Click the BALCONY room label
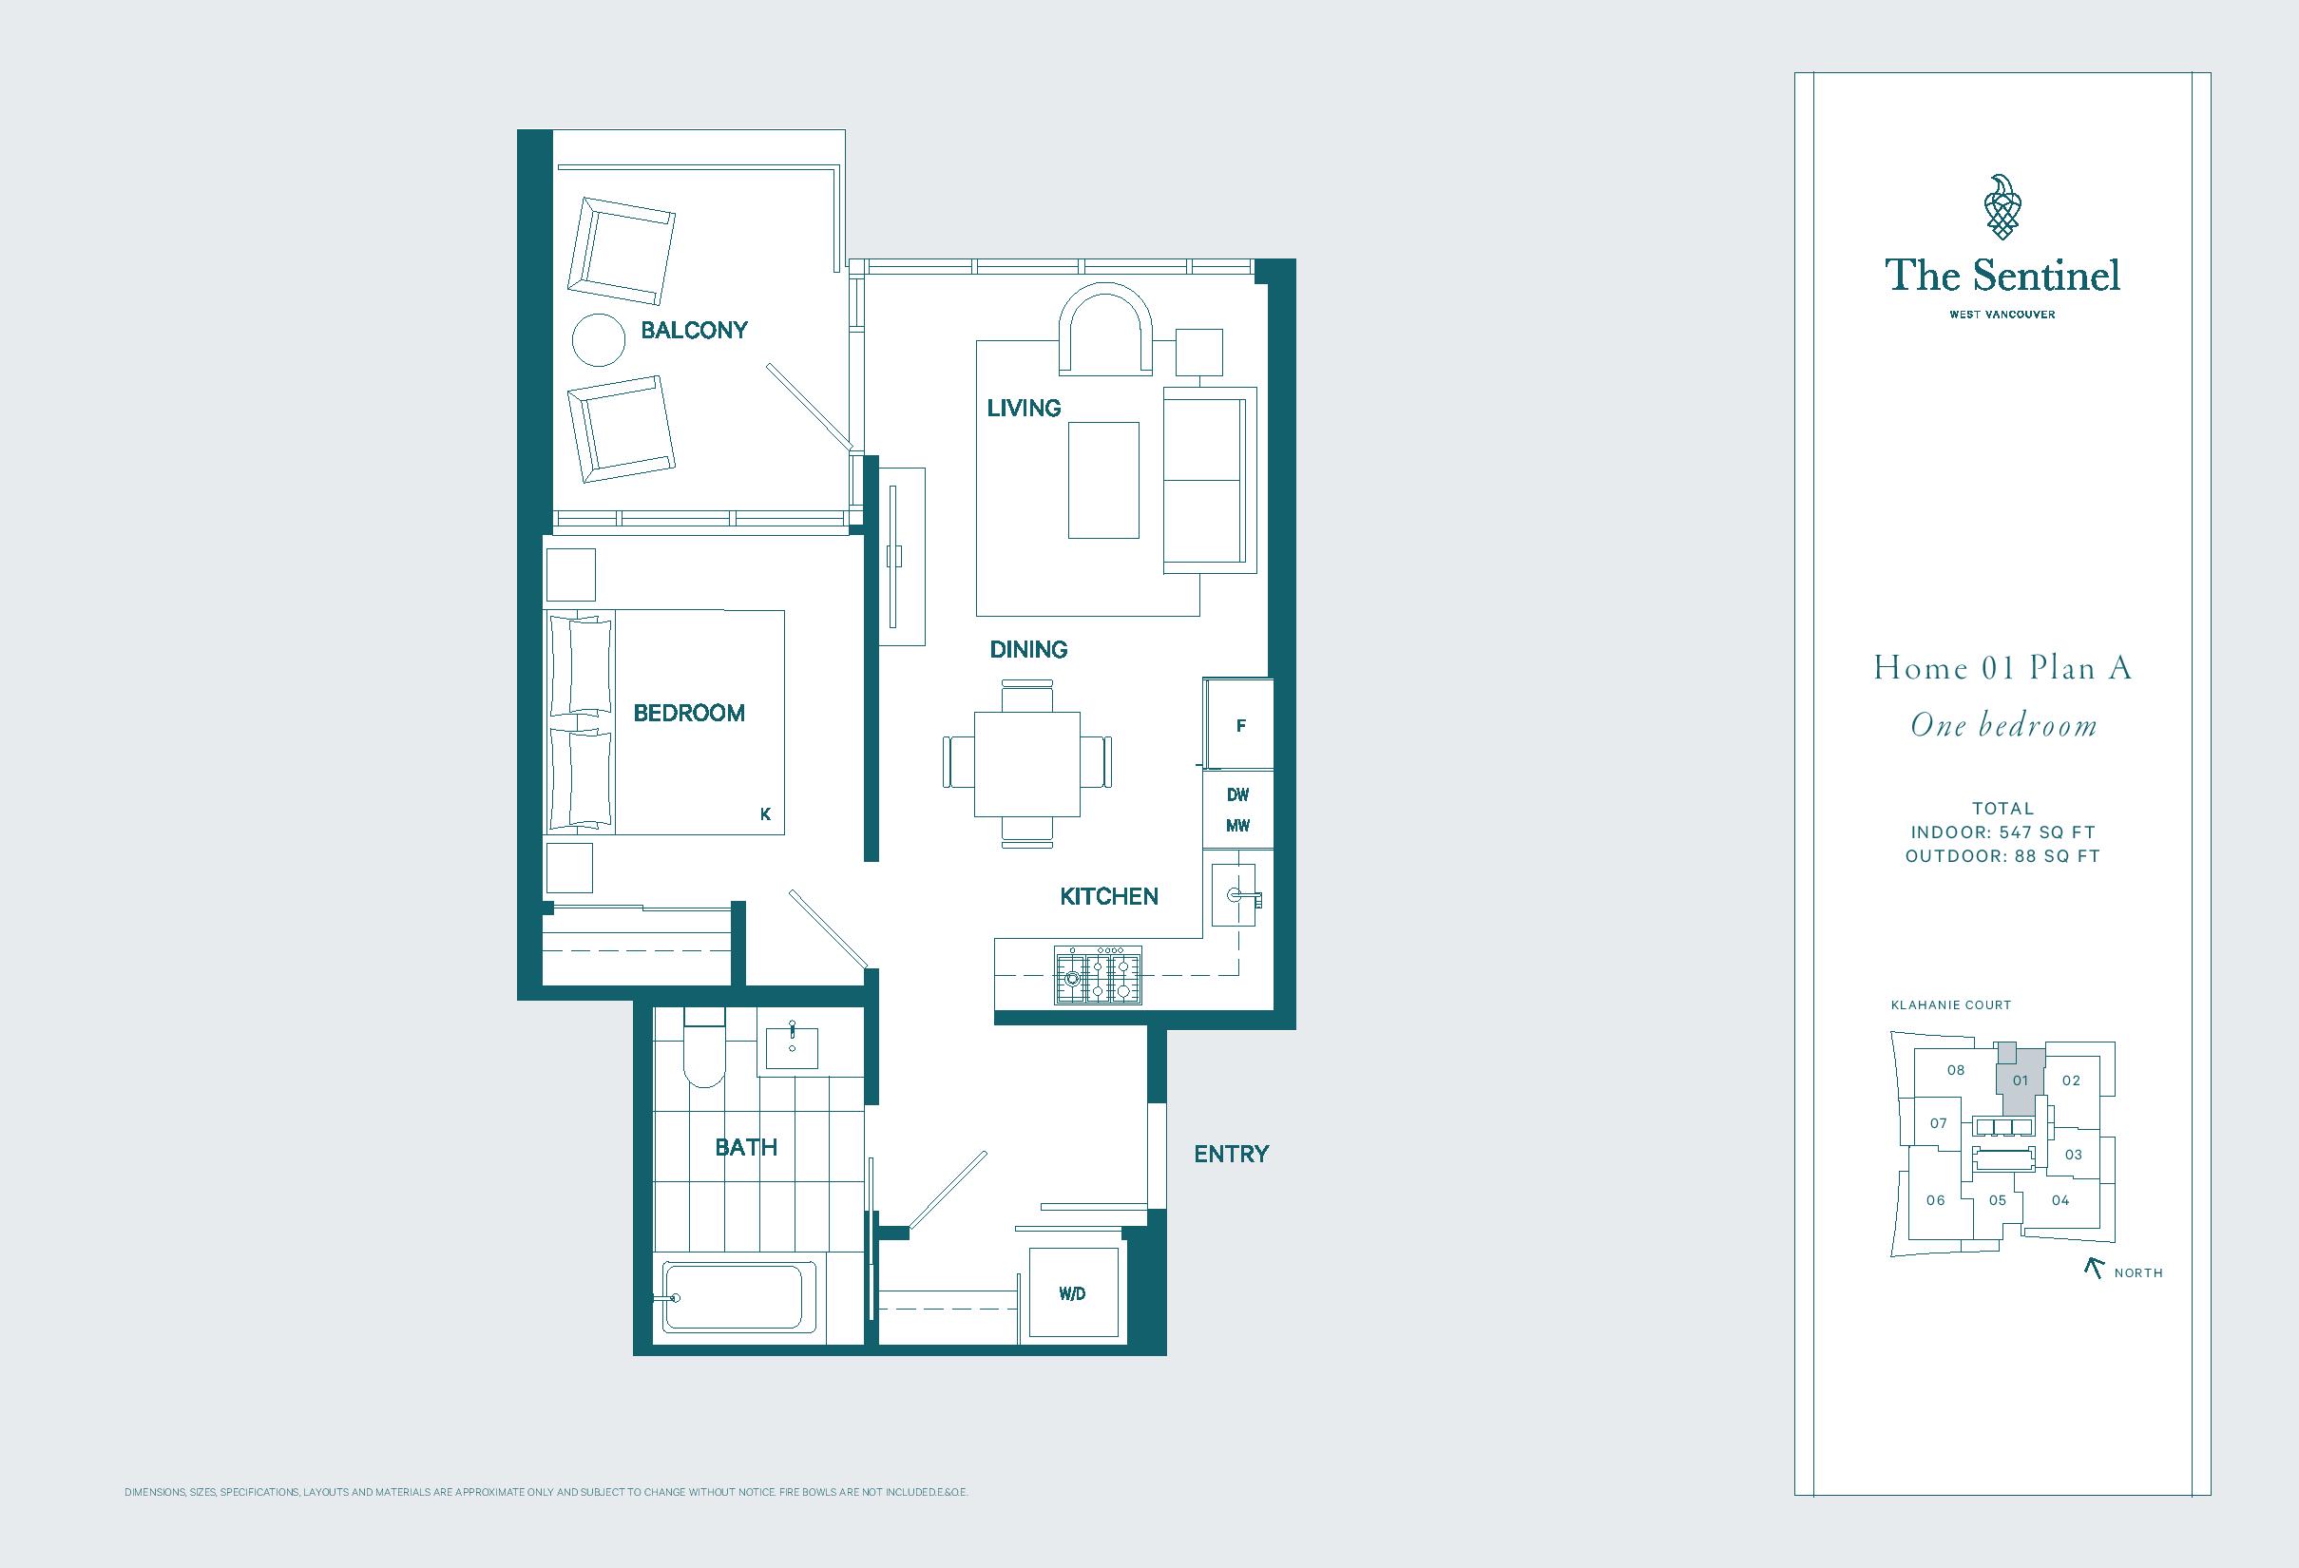[x=694, y=330]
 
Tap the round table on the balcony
[x=599, y=340]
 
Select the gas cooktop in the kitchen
[x=1097, y=975]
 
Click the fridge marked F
[x=1238, y=724]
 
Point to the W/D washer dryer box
[x=1072, y=1294]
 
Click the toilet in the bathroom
[x=703, y=1047]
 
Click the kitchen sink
[x=1235, y=895]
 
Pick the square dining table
[x=1026, y=764]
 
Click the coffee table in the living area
[x=1103, y=480]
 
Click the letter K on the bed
[x=765, y=814]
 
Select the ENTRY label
[x=1231, y=1154]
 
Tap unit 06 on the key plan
[x=1936, y=1200]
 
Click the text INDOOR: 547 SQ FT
[x=2003, y=832]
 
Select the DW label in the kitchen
[x=1237, y=794]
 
